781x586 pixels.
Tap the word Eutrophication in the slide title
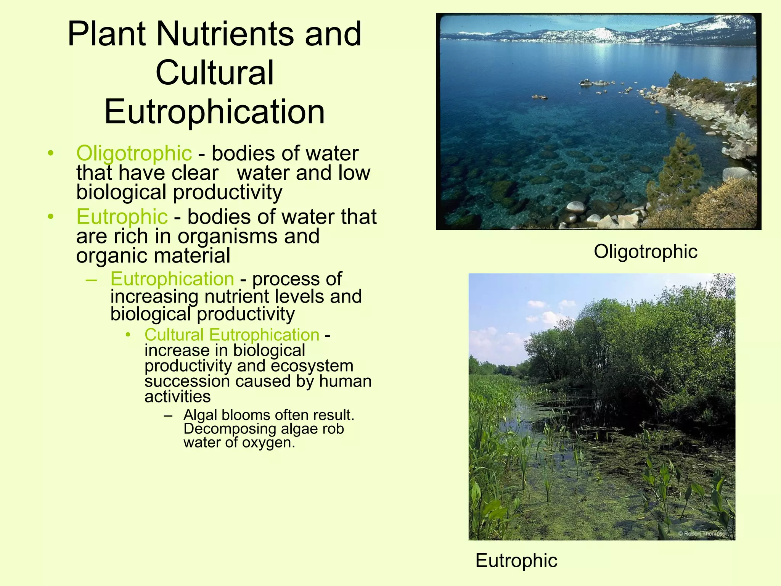[x=214, y=111]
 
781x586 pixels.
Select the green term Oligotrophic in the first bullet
[x=134, y=153]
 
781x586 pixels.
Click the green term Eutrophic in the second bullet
[x=122, y=217]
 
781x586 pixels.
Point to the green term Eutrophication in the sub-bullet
[x=172, y=279]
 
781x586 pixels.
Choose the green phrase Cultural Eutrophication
[x=232, y=335]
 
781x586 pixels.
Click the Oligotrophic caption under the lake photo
[x=645, y=252]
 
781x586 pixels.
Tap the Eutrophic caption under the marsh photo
[x=516, y=560]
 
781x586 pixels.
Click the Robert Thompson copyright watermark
[x=703, y=534]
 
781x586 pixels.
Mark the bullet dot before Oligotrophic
[x=51, y=154]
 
